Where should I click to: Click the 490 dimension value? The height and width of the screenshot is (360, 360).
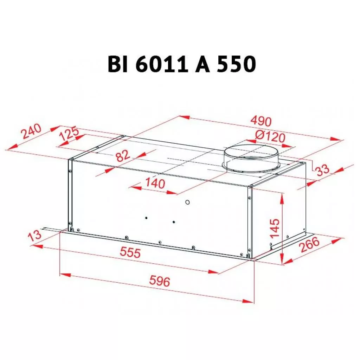(x=261, y=121)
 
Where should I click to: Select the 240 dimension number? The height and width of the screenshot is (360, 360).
(x=31, y=131)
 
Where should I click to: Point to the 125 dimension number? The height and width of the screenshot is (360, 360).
(x=69, y=134)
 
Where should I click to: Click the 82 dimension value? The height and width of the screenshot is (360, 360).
(x=123, y=156)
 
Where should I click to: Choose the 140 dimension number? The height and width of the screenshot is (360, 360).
(x=155, y=184)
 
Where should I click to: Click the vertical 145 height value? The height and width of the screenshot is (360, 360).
(x=275, y=228)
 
